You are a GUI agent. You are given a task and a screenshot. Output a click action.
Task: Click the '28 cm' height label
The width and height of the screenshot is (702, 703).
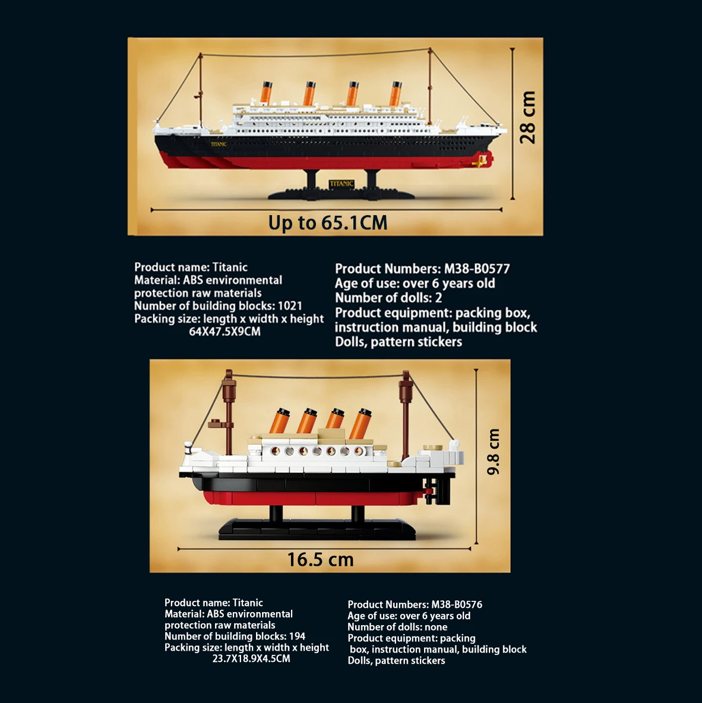pos(527,118)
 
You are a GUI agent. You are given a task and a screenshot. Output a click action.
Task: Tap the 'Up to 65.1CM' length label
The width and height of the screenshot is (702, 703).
pos(328,223)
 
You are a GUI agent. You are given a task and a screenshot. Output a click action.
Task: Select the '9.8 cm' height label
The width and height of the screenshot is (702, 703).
pos(494,452)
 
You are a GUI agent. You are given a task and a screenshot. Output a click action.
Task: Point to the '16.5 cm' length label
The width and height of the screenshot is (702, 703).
pos(320,560)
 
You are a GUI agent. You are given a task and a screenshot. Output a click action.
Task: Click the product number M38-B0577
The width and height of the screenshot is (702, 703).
pos(477,269)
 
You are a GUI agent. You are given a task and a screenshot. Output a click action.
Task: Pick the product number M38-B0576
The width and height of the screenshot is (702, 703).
pos(457,604)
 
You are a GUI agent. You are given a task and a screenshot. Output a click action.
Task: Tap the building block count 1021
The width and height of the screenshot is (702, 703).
pos(290,305)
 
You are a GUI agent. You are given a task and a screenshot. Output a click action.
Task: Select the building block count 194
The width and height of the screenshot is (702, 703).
pos(297,636)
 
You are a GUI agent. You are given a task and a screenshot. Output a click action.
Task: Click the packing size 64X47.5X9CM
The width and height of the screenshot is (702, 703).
pos(224,332)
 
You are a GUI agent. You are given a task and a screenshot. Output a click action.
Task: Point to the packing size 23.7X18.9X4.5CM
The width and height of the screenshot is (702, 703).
pos(251,658)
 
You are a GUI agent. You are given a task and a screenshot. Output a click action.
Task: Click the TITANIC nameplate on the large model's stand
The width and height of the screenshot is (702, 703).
pos(341,184)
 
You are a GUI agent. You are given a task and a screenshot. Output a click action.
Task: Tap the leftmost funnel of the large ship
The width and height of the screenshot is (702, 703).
pos(266,93)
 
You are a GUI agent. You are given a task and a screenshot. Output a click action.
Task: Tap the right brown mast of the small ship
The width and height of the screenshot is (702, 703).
pos(406,416)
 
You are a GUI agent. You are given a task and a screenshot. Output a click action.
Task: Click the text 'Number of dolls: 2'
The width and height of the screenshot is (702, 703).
pos(388,298)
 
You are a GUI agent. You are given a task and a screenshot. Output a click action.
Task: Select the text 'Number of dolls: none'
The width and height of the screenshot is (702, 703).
pos(397,627)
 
